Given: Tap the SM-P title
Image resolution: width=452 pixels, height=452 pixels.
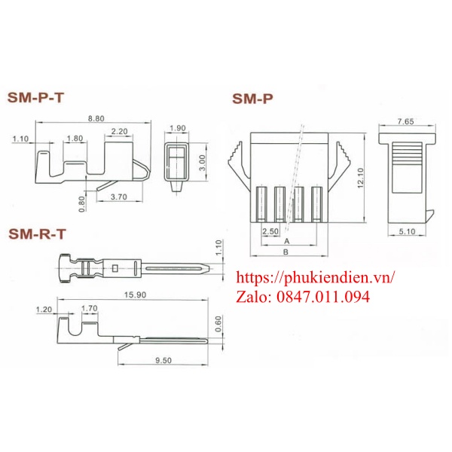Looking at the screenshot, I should pyautogui.click(x=252, y=98).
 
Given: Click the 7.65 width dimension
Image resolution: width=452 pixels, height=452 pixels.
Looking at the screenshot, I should pyautogui.click(x=405, y=121).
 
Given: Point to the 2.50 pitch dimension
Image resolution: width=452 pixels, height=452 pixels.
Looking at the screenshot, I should pyautogui.click(x=270, y=231).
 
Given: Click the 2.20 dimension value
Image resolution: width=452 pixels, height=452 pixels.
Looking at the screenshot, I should pyautogui.click(x=119, y=132).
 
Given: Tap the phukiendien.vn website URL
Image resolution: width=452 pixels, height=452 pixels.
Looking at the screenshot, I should pyautogui.click(x=316, y=278).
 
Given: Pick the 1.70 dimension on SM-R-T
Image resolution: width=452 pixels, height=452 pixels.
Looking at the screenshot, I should pyautogui.click(x=88, y=308).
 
